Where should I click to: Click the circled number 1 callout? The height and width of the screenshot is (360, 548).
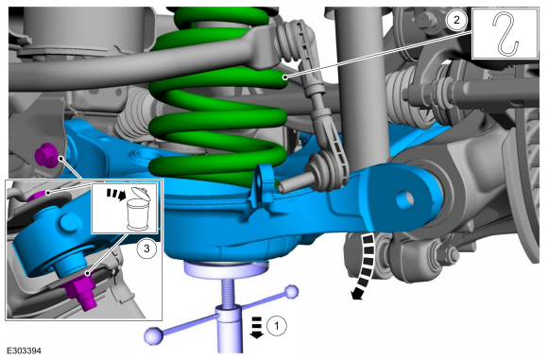pos(277,326)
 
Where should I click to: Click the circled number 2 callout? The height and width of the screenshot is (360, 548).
pos(456,20)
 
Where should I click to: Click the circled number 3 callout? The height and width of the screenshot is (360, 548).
pos(146,249)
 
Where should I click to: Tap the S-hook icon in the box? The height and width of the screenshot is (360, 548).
pos(505,34)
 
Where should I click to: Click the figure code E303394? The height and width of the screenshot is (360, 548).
pos(24,351)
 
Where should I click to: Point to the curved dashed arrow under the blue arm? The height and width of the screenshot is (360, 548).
pos(367,266)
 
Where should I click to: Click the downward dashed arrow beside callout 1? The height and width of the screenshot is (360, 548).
pos(257,327)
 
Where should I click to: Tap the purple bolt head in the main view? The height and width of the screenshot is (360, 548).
pos(47,156)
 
